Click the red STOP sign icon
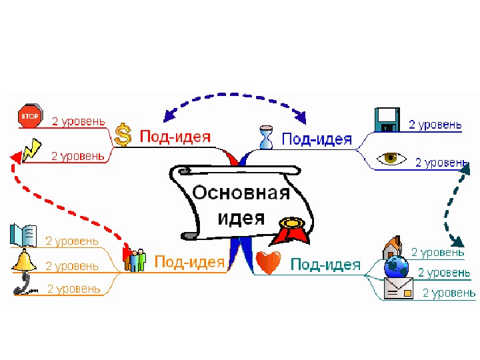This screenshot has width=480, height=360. coord(29,116)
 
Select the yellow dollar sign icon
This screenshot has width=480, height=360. coord(123,134)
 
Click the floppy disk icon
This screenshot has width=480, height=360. coord(387,120)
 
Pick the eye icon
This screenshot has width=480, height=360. coord(392,159)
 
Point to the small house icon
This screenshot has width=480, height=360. coord(391,247)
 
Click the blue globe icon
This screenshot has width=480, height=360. coord(398,267)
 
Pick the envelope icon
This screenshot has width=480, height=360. coord(398,289)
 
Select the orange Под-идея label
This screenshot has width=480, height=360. coord(189,262)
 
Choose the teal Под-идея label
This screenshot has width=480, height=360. coord(325,265)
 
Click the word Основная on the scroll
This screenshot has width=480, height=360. coord(241,193)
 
